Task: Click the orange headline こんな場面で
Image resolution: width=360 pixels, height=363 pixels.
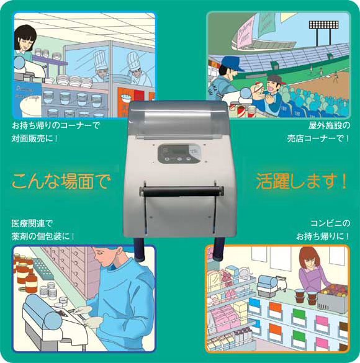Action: (61, 181)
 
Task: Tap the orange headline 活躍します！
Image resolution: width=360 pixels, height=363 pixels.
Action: (302, 181)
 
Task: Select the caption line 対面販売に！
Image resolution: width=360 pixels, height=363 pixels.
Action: (35, 138)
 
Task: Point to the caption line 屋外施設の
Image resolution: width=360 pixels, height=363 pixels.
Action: (329, 126)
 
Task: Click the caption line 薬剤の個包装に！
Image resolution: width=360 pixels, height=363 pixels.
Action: (43, 236)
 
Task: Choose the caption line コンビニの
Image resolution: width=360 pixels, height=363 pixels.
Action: (330, 223)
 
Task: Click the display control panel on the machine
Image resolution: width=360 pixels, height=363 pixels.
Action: (179, 153)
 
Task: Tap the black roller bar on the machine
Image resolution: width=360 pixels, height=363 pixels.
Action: (182, 192)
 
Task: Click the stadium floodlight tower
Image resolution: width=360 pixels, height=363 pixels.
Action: (323, 33)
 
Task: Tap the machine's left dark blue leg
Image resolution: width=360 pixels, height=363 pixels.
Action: (139, 249)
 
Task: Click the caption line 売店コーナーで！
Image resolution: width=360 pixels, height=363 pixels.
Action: (318, 138)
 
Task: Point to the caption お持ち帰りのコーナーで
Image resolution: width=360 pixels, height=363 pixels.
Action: (56, 126)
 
